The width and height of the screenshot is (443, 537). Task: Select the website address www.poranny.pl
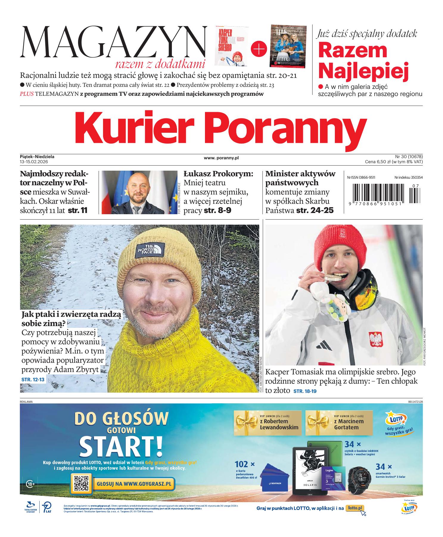pos(221,158)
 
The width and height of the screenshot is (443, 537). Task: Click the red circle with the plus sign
pos(259,49)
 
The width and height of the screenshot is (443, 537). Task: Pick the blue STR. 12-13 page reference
pos(33,380)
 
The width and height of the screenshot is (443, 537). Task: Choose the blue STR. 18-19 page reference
pos(305,391)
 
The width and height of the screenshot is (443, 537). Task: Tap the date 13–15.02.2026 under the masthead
pos(34,162)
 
